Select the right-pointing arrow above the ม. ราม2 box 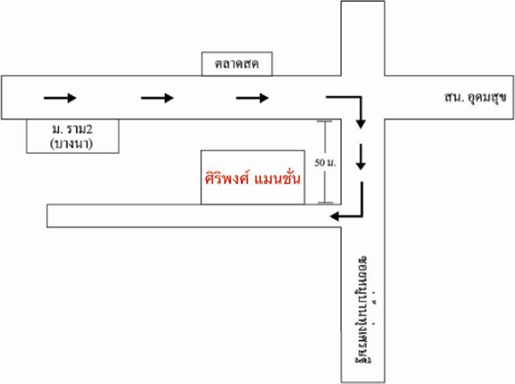(x=60, y=98)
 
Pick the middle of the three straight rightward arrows (x=157, y=98)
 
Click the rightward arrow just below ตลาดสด (x=252, y=98)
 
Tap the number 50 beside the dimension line (x=320, y=162)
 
